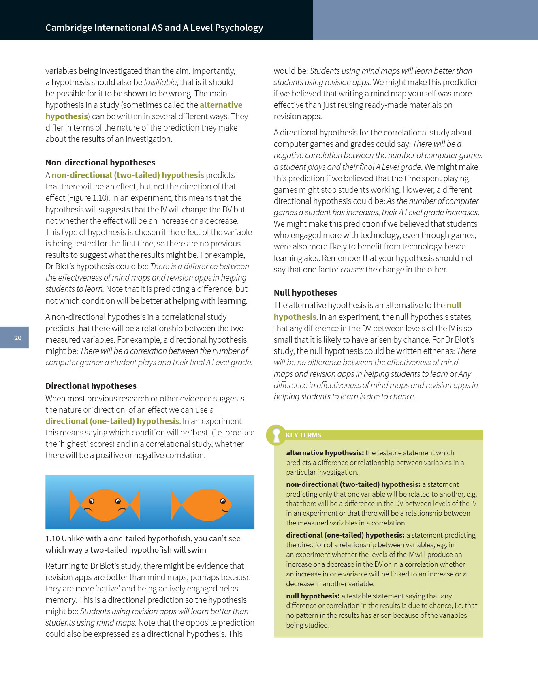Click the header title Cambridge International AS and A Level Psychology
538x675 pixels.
click(154, 28)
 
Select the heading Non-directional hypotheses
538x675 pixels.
click(100, 163)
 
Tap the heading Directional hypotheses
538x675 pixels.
click(91, 386)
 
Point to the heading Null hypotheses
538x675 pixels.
click(305, 293)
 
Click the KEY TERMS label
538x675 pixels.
click(303, 435)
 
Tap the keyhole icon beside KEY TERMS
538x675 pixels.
click(276, 435)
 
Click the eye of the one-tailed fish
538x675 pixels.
click(223, 501)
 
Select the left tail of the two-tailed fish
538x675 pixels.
click(75, 505)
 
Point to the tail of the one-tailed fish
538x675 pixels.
click(176, 505)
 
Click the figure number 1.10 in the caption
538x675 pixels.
click(53, 538)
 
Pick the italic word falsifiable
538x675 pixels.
click(160, 82)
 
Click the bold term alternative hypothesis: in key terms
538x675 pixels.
click(325, 453)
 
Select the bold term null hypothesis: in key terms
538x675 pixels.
click(313, 596)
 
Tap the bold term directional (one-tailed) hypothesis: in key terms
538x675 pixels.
click(345, 535)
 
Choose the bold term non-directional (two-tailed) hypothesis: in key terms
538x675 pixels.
click(353, 484)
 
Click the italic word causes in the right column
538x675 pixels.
click(352, 270)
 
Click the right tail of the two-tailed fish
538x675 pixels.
click(135, 505)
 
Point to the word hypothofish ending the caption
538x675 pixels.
click(186, 550)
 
